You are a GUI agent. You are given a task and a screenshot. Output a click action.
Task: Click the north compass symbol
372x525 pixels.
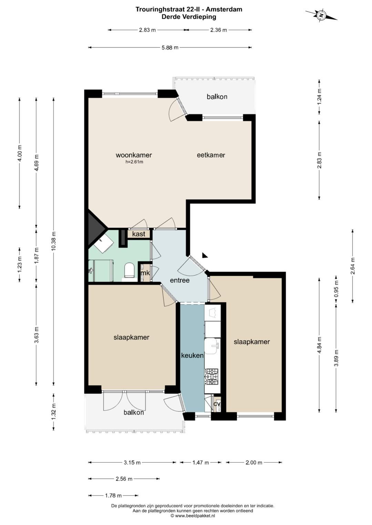click(x=321, y=15)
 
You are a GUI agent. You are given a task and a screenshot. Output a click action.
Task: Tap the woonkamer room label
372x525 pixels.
click(x=134, y=155)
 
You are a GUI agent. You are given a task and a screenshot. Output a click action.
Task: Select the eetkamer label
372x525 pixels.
click(x=211, y=155)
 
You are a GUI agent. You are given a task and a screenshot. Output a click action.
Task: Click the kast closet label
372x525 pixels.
click(x=138, y=234)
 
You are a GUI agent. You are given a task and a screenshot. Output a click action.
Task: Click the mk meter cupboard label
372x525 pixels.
click(x=145, y=273)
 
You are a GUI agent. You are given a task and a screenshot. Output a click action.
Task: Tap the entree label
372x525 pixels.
click(x=180, y=280)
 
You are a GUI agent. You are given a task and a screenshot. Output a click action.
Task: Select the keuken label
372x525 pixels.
click(x=192, y=355)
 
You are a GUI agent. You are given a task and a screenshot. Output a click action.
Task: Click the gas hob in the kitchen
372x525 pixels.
click(x=212, y=376)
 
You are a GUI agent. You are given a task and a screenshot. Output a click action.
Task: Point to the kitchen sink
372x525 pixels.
click(x=212, y=346)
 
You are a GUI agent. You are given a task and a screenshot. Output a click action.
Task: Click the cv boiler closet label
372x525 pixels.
click(x=217, y=404)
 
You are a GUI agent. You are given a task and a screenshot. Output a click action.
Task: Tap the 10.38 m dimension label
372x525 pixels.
click(x=54, y=241)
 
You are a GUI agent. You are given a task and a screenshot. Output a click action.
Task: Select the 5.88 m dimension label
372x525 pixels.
click(x=170, y=47)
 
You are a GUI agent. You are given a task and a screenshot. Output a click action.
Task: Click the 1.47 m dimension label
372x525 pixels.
click(x=200, y=462)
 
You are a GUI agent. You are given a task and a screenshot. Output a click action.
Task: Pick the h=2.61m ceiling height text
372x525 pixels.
click(x=134, y=162)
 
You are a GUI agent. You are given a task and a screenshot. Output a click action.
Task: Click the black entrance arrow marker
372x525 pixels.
click(x=205, y=255)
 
